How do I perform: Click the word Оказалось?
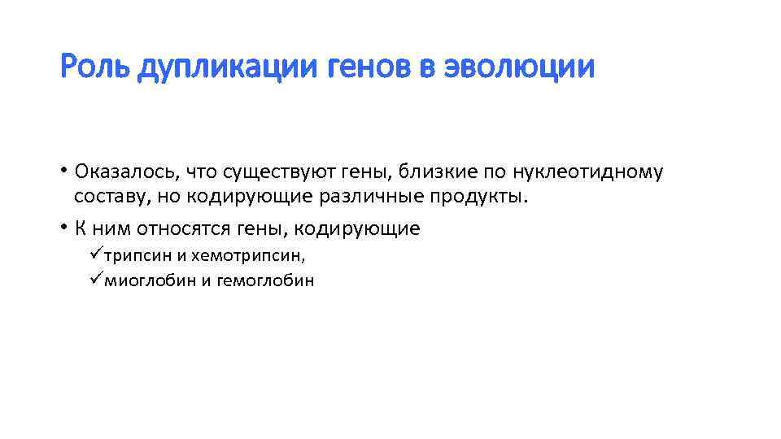pos(124,172)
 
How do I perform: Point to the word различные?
pos(376,197)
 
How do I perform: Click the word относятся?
pos(181,229)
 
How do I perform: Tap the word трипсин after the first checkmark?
pos(138,256)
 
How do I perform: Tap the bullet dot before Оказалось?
pos(63,172)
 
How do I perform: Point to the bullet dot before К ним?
pos(63,228)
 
